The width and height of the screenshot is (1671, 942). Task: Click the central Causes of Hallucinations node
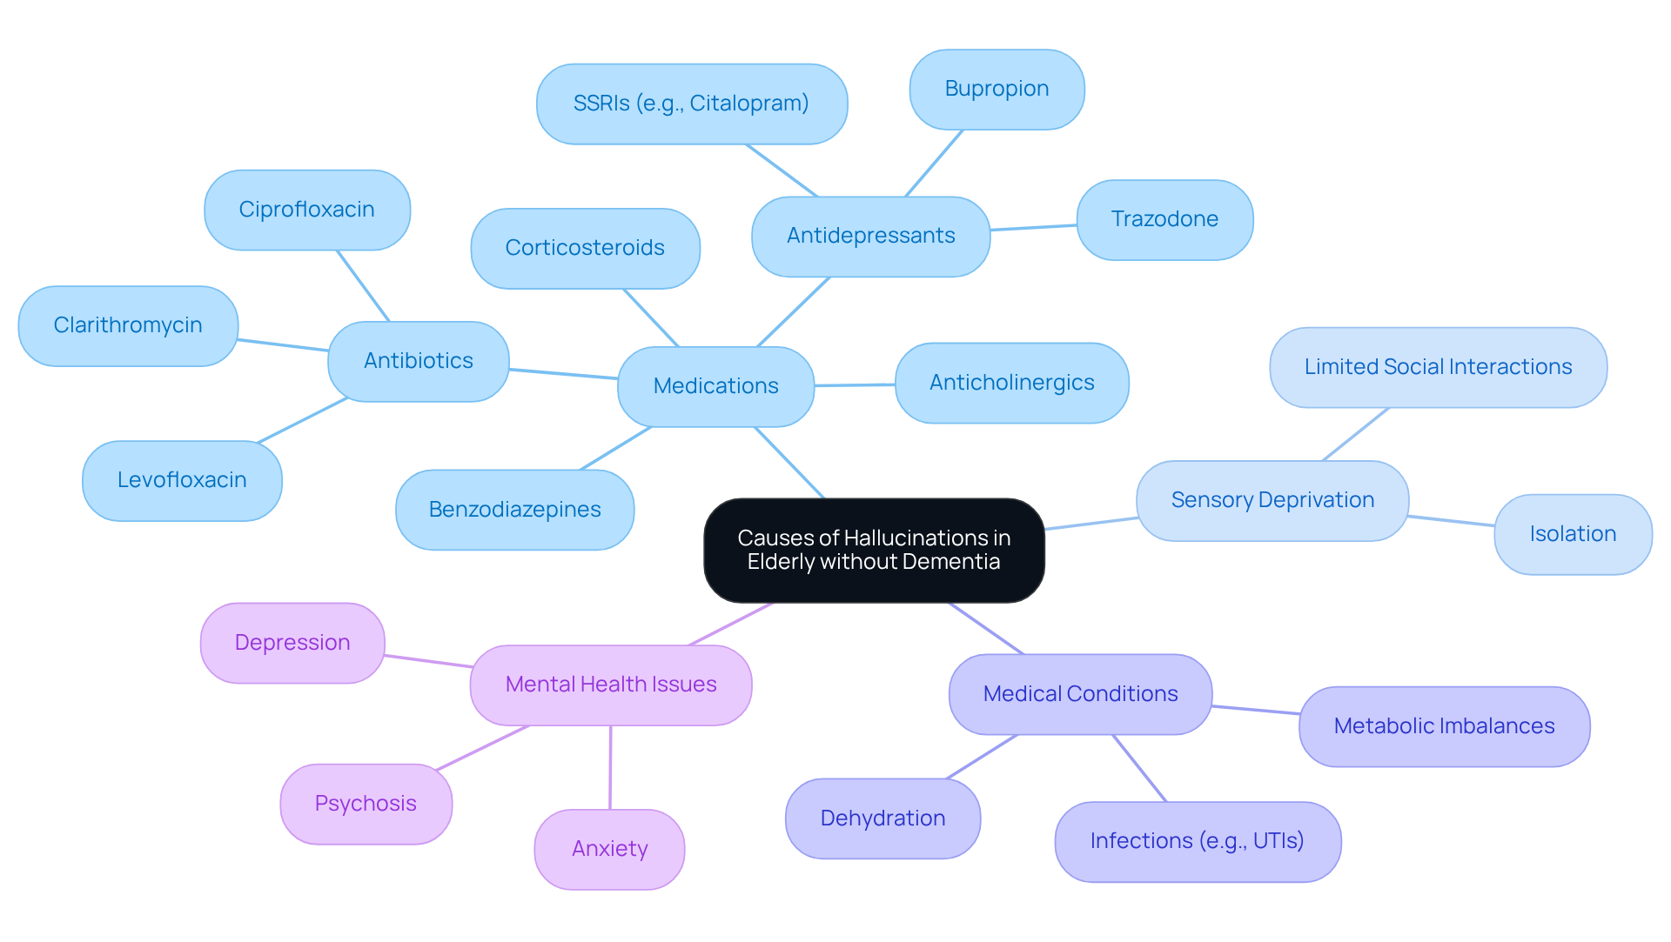click(x=874, y=550)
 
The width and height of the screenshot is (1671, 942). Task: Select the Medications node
click(x=715, y=386)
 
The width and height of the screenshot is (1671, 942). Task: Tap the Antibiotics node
click(x=418, y=361)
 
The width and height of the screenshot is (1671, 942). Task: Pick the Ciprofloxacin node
click(x=306, y=210)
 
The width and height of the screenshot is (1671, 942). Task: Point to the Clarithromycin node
click(x=128, y=325)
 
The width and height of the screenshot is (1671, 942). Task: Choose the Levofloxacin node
click(x=182, y=480)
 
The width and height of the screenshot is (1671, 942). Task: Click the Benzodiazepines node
click(x=514, y=510)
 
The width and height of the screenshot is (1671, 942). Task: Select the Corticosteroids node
click(x=585, y=248)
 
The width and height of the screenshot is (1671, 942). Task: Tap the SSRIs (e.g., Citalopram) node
click(x=691, y=104)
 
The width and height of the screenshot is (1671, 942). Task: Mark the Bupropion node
click(x=997, y=89)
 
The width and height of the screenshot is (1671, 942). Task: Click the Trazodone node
click(x=1164, y=219)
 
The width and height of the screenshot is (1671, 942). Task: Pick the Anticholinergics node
click(x=1011, y=383)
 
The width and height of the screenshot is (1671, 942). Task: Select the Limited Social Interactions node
click(x=1438, y=367)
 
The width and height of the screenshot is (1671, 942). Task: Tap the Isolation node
click(x=1573, y=534)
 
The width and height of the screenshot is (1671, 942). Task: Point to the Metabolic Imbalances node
click(x=1444, y=726)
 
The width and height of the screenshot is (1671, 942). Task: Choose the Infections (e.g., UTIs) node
click(x=1197, y=841)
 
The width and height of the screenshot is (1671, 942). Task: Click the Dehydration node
click(x=882, y=818)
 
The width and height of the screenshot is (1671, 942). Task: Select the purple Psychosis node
click(x=366, y=804)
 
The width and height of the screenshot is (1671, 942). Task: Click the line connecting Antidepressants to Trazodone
click(x=1034, y=228)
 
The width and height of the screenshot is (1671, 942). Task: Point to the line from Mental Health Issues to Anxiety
click(x=610, y=767)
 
